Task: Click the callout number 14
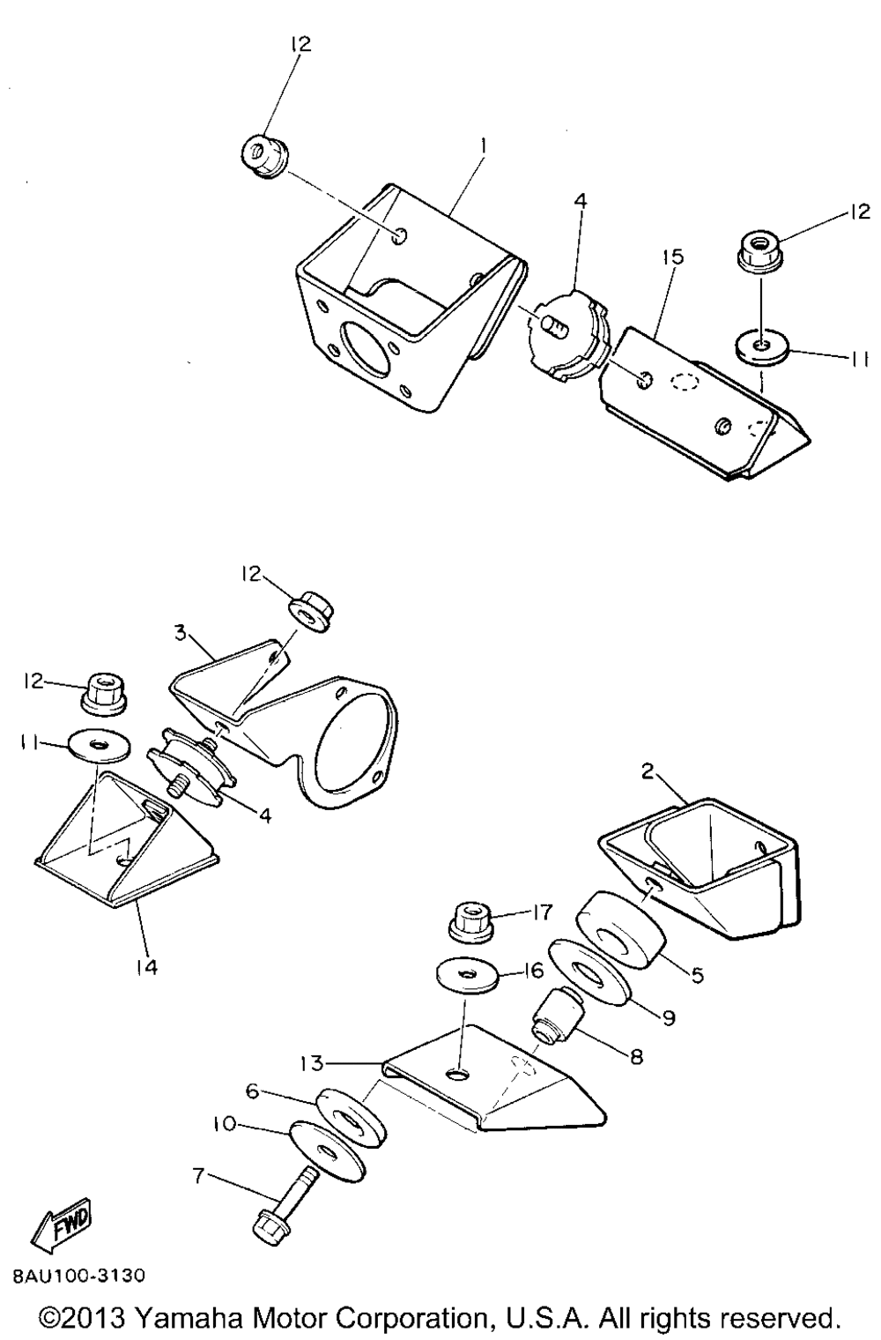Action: tap(146, 968)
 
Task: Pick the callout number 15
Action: tap(673, 257)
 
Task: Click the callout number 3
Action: tap(180, 631)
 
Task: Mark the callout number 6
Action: tap(253, 1091)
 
